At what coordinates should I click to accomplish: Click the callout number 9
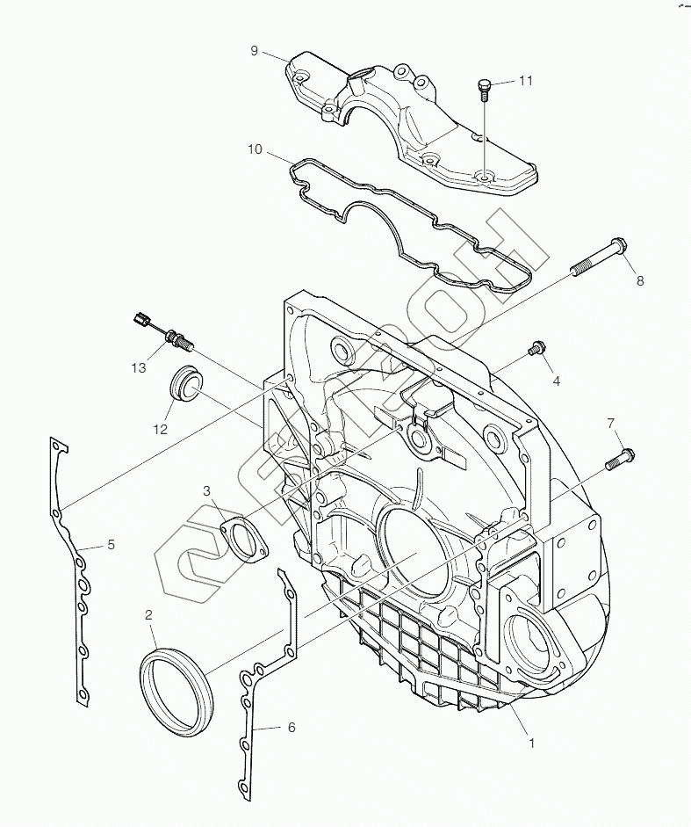pyautogui.click(x=254, y=51)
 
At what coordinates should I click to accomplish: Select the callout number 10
pyautogui.click(x=254, y=149)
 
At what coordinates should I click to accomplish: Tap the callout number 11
pyautogui.click(x=525, y=81)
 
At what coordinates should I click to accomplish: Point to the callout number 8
pyautogui.click(x=640, y=280)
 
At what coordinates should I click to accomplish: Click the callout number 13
pyautogui.click(x=139, y=367)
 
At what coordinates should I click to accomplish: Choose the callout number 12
pyautogui.click(x=160, y=429)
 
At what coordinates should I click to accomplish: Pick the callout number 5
pyautogui.click(x=112, y=545)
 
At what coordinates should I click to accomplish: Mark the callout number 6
pyautogui.click(x=291, y=728)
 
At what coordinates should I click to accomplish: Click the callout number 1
pyautogui.click(x=531, y=743)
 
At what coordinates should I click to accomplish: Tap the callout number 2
pyautogui.click(x=149, y=614)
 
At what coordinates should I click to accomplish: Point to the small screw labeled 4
pyautogui.click(x=535, y=351)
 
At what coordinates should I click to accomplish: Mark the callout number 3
pyautogui.click(x=206, y=490)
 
